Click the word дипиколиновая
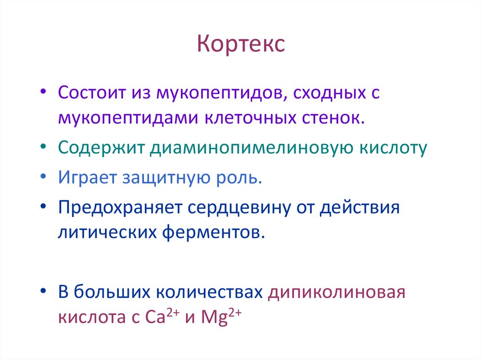pos(336,293)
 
